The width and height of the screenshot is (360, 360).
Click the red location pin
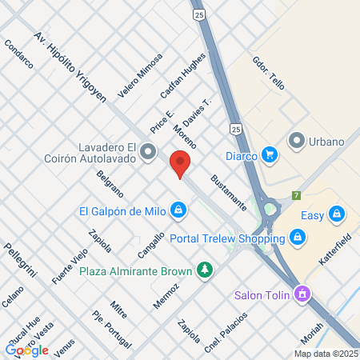pos(180,165)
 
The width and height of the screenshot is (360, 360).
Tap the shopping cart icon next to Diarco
pos(270,154)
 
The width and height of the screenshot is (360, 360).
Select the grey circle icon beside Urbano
pos(298,142)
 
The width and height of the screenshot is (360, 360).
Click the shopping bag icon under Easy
pos(337,214)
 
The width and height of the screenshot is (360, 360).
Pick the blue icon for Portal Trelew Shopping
pos(298,237)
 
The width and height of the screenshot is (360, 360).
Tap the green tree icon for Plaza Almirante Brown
pos(206,270)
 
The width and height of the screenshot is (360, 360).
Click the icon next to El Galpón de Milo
pos(178,211)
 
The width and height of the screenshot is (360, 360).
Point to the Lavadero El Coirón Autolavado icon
pos(148,151)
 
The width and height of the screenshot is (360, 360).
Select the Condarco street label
pos(18,52)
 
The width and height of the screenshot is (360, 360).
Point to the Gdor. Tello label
pos(268,73)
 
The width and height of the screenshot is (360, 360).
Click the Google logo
pos(26,350)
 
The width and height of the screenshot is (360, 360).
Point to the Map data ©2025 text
pos(325,354)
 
